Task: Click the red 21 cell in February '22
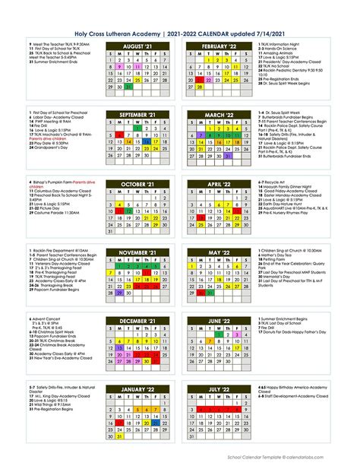pyautogui.click(x=202, y=81)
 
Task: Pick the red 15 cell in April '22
pyautogui.click(x=239, y=211)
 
